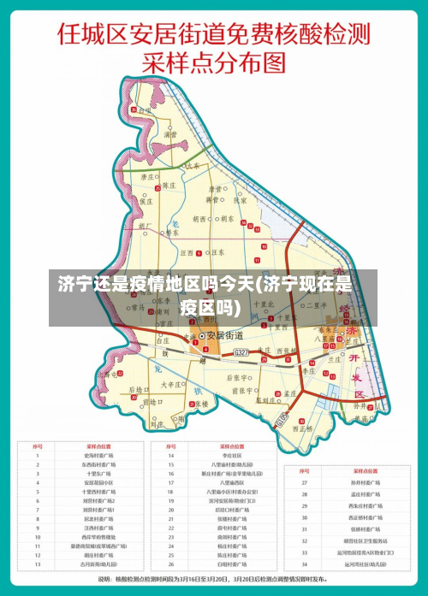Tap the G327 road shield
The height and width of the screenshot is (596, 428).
pos(241,352)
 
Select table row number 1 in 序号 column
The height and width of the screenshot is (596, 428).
pos(38,456)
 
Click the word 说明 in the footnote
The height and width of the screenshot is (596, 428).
pos(105,580)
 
